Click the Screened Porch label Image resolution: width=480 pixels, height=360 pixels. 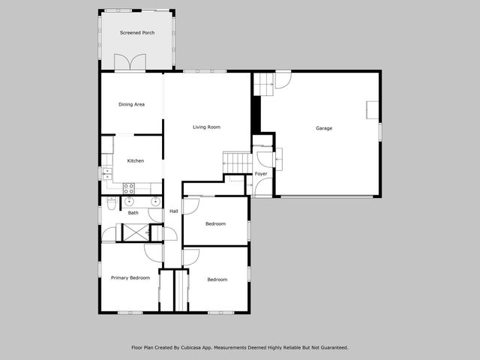(137, 33)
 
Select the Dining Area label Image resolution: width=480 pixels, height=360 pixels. (131, 104)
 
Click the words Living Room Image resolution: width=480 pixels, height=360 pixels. (206, 127)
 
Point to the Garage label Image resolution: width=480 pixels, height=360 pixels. (323, 128)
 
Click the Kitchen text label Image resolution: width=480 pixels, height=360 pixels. (135, 160)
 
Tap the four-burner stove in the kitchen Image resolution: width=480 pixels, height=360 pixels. (128, 188)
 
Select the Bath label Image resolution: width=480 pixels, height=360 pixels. (133, 213)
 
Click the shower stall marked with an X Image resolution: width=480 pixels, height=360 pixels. (135, 232)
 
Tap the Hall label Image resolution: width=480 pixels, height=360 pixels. (173, 211)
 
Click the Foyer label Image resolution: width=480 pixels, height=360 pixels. (261, 174)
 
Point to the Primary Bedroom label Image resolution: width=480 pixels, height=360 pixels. (130, 278)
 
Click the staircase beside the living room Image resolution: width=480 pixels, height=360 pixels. (237, 163)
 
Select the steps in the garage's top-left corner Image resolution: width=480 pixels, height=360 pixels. (263, 84)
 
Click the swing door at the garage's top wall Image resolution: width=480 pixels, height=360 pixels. (283, 79)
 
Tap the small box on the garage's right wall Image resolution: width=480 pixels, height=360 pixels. (372, 109)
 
